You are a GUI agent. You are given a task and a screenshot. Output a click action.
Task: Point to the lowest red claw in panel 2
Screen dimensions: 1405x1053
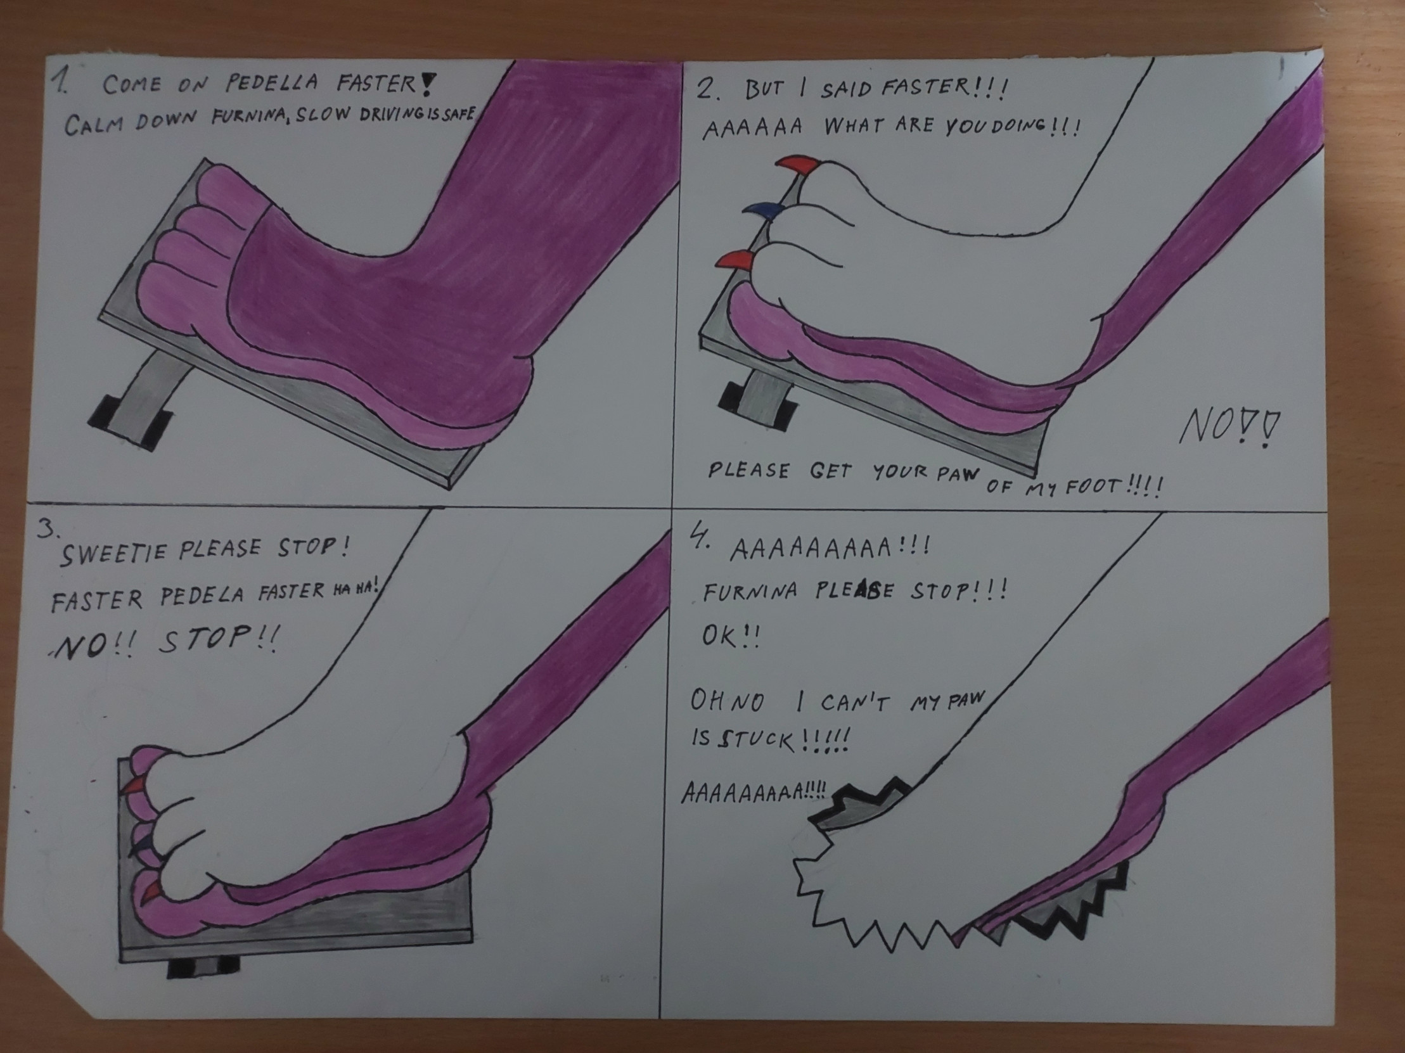point(735,258)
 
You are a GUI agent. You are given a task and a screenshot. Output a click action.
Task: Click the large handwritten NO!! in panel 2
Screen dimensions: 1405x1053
point(1228,427)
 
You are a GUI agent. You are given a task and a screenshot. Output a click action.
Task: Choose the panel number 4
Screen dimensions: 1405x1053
point(699,541)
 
